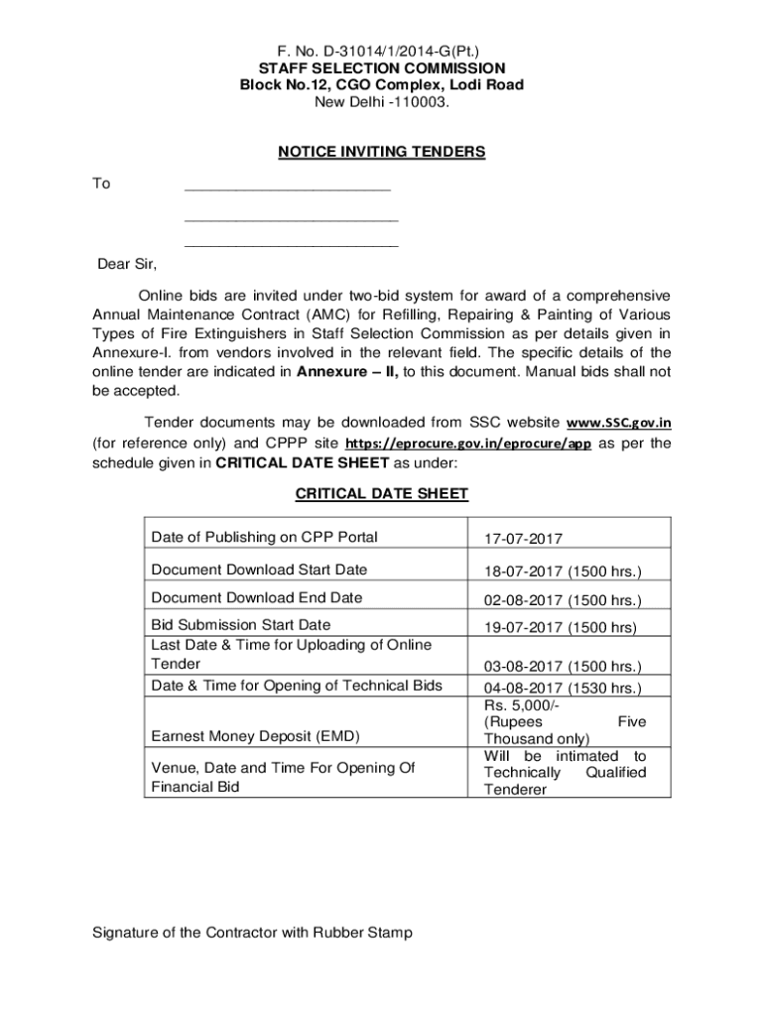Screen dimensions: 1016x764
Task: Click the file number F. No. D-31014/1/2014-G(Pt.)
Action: click(382, 50)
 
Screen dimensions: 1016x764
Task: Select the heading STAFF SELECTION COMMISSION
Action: click(382, 67)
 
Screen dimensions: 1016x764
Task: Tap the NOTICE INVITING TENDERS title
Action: click(382, 152)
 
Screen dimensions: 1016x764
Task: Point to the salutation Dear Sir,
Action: click(127, 264)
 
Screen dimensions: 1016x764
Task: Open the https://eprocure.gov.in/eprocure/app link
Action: click(468, 444)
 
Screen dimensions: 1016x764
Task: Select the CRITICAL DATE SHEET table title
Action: click(382, 494)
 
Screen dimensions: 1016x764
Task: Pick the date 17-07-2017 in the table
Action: click(523, 539)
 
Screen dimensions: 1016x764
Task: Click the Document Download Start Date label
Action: click(259, 570)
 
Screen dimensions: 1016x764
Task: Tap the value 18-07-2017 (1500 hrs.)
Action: click(563, 572)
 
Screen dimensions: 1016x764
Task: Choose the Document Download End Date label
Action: click(257, 597)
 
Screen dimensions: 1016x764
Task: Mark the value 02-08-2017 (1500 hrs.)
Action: click(563, 600)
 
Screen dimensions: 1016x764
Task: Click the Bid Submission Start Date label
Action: click(241, 625)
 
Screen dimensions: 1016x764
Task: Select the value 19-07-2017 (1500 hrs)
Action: click(560, 627)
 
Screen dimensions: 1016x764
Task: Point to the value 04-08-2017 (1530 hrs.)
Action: click(563, 688)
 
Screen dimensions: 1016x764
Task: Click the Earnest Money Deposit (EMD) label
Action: click(255, 736)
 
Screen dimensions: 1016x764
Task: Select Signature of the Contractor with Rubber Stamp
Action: click(252, 933)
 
